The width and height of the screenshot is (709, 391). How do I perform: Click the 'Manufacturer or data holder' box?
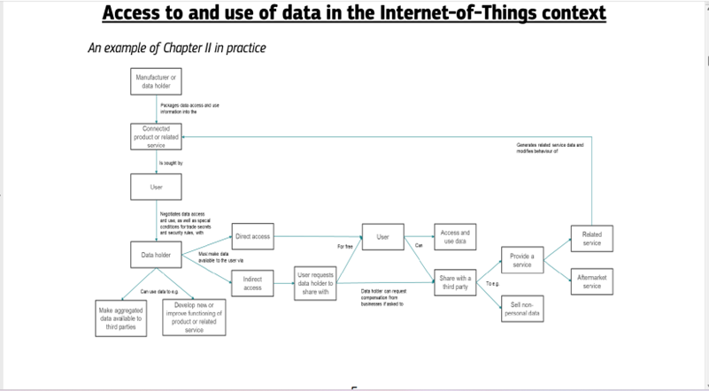tap(156, 82)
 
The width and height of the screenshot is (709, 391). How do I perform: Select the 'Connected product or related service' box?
tap(156, 137)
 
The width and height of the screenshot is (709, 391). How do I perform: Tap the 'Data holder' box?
tap(156, 255)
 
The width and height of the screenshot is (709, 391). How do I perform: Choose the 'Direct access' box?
tap(252, 237)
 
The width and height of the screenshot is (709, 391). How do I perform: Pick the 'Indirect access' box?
tap(252, 283)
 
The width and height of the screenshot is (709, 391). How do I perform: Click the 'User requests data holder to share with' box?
tap(314, 283)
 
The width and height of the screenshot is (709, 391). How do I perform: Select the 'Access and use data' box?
tap(455, 237)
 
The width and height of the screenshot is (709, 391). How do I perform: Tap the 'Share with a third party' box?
tap(455, 283)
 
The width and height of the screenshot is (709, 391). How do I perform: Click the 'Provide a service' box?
tap(521, 260)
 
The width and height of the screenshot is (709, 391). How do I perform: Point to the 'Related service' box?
tap(591, 239)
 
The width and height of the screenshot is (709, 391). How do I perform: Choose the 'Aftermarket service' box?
tap(591, 281)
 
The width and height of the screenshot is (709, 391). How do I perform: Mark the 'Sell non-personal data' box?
tap(521, 310)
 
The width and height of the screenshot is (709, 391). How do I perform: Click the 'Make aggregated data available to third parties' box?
tap(121, 318)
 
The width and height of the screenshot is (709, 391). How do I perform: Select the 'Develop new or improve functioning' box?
tap(195, 318)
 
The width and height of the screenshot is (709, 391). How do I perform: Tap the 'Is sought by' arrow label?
tap(172, 164)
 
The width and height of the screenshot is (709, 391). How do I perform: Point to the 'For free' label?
tap(345, 246)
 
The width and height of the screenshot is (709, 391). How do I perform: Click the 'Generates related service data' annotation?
tap(551, 148)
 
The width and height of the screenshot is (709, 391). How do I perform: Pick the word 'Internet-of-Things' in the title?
tap(469, 13)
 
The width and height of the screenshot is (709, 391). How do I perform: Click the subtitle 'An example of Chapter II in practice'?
tap(177, 48)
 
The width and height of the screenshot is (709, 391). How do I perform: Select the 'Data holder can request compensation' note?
tap(382, 296)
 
